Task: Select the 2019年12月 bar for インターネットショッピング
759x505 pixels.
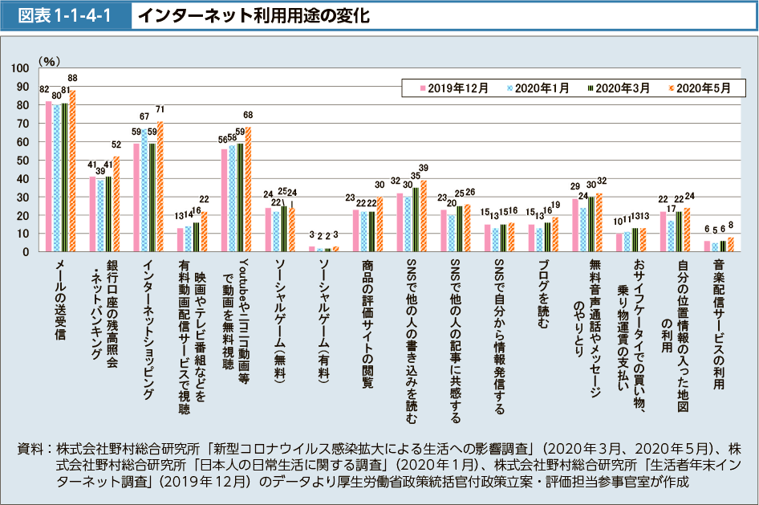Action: (136, 198)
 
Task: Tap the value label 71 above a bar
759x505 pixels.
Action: (160, 109)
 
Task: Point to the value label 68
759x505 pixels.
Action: (248, 115)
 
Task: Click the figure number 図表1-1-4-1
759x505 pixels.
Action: (65, 15)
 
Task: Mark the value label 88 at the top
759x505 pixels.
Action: (73, 78)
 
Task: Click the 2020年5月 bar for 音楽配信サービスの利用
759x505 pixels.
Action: (731, 244)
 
